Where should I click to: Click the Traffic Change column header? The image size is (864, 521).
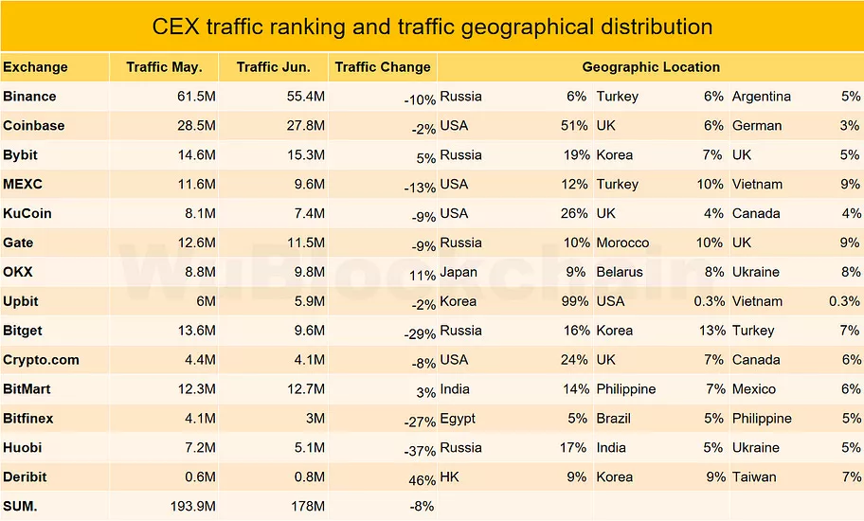coord(383,67)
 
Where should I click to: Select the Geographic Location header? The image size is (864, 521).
coord(651,67)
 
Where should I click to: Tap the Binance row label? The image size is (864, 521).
coord(29,97)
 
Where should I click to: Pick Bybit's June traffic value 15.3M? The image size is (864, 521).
coord(306,155)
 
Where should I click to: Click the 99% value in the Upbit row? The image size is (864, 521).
coord(574,301)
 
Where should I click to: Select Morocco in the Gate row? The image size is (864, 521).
coord(622,243)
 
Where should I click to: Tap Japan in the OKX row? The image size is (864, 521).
coord(459,272)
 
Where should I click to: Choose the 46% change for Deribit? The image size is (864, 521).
coord(422,480)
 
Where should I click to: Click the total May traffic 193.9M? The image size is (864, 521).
coord(189,507)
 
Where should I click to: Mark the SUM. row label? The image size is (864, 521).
coord(20,507)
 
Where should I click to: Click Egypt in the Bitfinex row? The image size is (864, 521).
coord(458,419)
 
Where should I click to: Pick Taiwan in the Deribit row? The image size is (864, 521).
coord(754,477)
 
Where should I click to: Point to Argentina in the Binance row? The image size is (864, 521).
coord(762,97)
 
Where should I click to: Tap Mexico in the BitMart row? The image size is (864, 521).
coord(754,389)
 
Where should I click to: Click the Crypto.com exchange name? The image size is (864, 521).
coord(41,360)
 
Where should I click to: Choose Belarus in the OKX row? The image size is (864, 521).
coord(620,272)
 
